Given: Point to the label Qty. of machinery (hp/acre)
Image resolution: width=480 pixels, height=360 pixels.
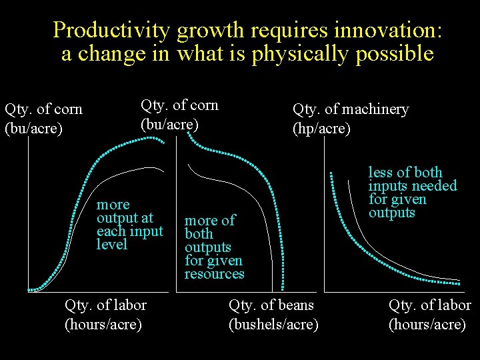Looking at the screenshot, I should coord(350,118).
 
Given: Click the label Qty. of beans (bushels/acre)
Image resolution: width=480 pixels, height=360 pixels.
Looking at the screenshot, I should coord(273,315).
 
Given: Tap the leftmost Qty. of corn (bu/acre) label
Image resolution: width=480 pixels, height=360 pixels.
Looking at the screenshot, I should coord(43,118).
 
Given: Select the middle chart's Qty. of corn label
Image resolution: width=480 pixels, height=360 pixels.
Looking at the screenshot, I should coord(179,114).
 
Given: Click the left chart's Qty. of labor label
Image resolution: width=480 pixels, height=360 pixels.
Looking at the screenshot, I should coord(105,315).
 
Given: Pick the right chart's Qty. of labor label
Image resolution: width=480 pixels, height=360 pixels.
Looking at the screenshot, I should coord(429,315).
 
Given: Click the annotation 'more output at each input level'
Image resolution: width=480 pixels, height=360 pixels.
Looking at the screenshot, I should coord(129,224).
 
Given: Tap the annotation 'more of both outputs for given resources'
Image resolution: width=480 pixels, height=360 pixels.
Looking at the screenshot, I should coord(214,247).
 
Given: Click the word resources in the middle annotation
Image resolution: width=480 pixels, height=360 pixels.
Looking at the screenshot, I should coord(214,274).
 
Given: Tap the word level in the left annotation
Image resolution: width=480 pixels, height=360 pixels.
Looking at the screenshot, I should coord(111,245).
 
